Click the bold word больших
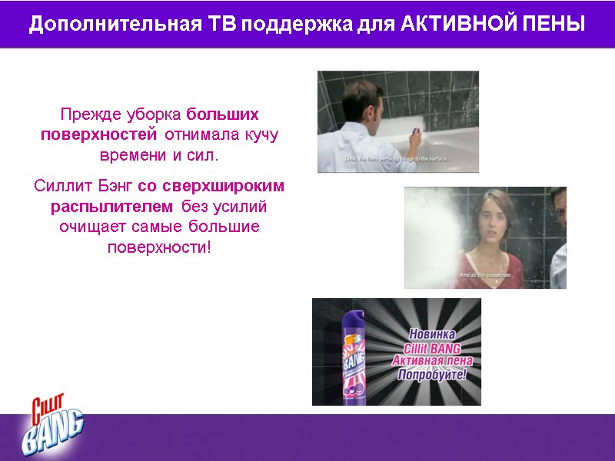coord(223,114)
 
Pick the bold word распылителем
coord(111,207)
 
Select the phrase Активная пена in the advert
coord(433,361)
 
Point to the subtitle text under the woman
coord(484,274)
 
